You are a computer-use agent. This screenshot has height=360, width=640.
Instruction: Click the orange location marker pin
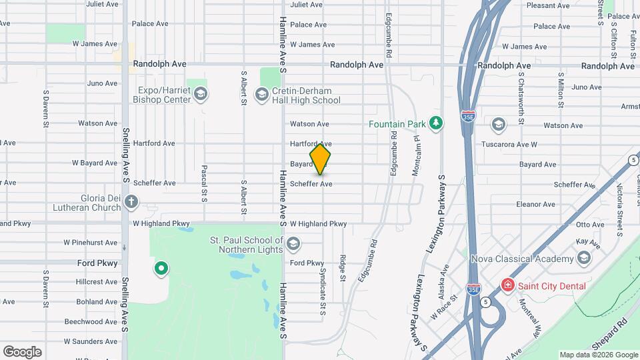tap(321, 159)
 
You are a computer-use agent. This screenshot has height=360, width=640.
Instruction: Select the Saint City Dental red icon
tap(508, 285)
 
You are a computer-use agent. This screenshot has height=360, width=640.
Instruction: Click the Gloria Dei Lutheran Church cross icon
tap(132, 201)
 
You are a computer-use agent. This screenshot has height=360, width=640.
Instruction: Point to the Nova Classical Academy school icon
tap(584, 258)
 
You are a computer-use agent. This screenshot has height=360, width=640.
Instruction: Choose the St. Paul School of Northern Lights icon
tap(293, 245)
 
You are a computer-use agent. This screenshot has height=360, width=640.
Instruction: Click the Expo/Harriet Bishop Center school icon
tap(200, 95)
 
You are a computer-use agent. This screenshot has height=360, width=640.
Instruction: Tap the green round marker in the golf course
tap(161, 269)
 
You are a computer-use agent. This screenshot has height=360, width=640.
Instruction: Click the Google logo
tap(22, 351)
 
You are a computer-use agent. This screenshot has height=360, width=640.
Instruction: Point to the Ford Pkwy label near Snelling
tap(97, 263)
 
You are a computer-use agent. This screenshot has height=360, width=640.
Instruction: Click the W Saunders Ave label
tap(91, 341)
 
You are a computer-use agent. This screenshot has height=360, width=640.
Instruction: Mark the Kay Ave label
tap(587, 243)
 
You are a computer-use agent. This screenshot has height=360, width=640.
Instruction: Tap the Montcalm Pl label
tap(415, 162)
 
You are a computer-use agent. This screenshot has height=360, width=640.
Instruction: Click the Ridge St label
tap(342, 267)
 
